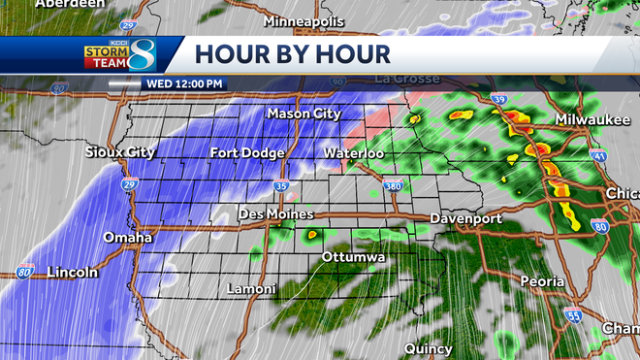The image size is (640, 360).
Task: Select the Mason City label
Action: (304, 114)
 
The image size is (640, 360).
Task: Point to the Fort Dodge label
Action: (247, 153)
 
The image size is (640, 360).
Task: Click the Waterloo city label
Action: (353, 153)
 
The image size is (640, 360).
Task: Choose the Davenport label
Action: (465, 218)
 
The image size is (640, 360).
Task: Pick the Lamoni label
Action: (251, 289)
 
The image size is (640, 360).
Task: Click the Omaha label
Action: (128, 237)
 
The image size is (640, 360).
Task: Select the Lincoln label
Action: (74, 273)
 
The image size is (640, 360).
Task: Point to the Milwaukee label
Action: (590, 118)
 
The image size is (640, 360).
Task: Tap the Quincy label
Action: (429, 347)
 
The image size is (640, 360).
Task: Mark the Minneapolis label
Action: (305, 19)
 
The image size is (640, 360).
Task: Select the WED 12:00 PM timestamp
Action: (184, 83)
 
